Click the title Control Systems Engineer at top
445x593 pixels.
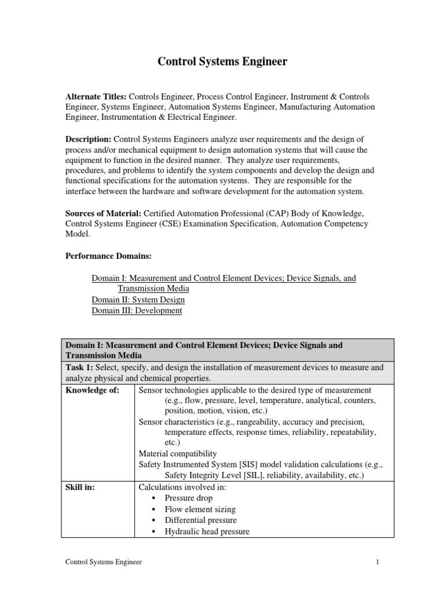point(222,61)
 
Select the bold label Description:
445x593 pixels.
point(88,139)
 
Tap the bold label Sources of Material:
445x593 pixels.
point(103,213)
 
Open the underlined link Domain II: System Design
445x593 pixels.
point(138,300)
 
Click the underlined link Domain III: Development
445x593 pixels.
point(137,310)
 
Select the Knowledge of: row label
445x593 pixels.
point(92,390)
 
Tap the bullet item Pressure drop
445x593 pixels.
point(188,498)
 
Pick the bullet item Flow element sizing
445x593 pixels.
point(200,509)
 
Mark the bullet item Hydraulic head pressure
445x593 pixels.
point(207,531)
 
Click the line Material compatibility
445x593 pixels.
point(178,453)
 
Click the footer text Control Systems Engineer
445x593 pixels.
point(103,562)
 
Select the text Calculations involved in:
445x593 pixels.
point(183,488)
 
